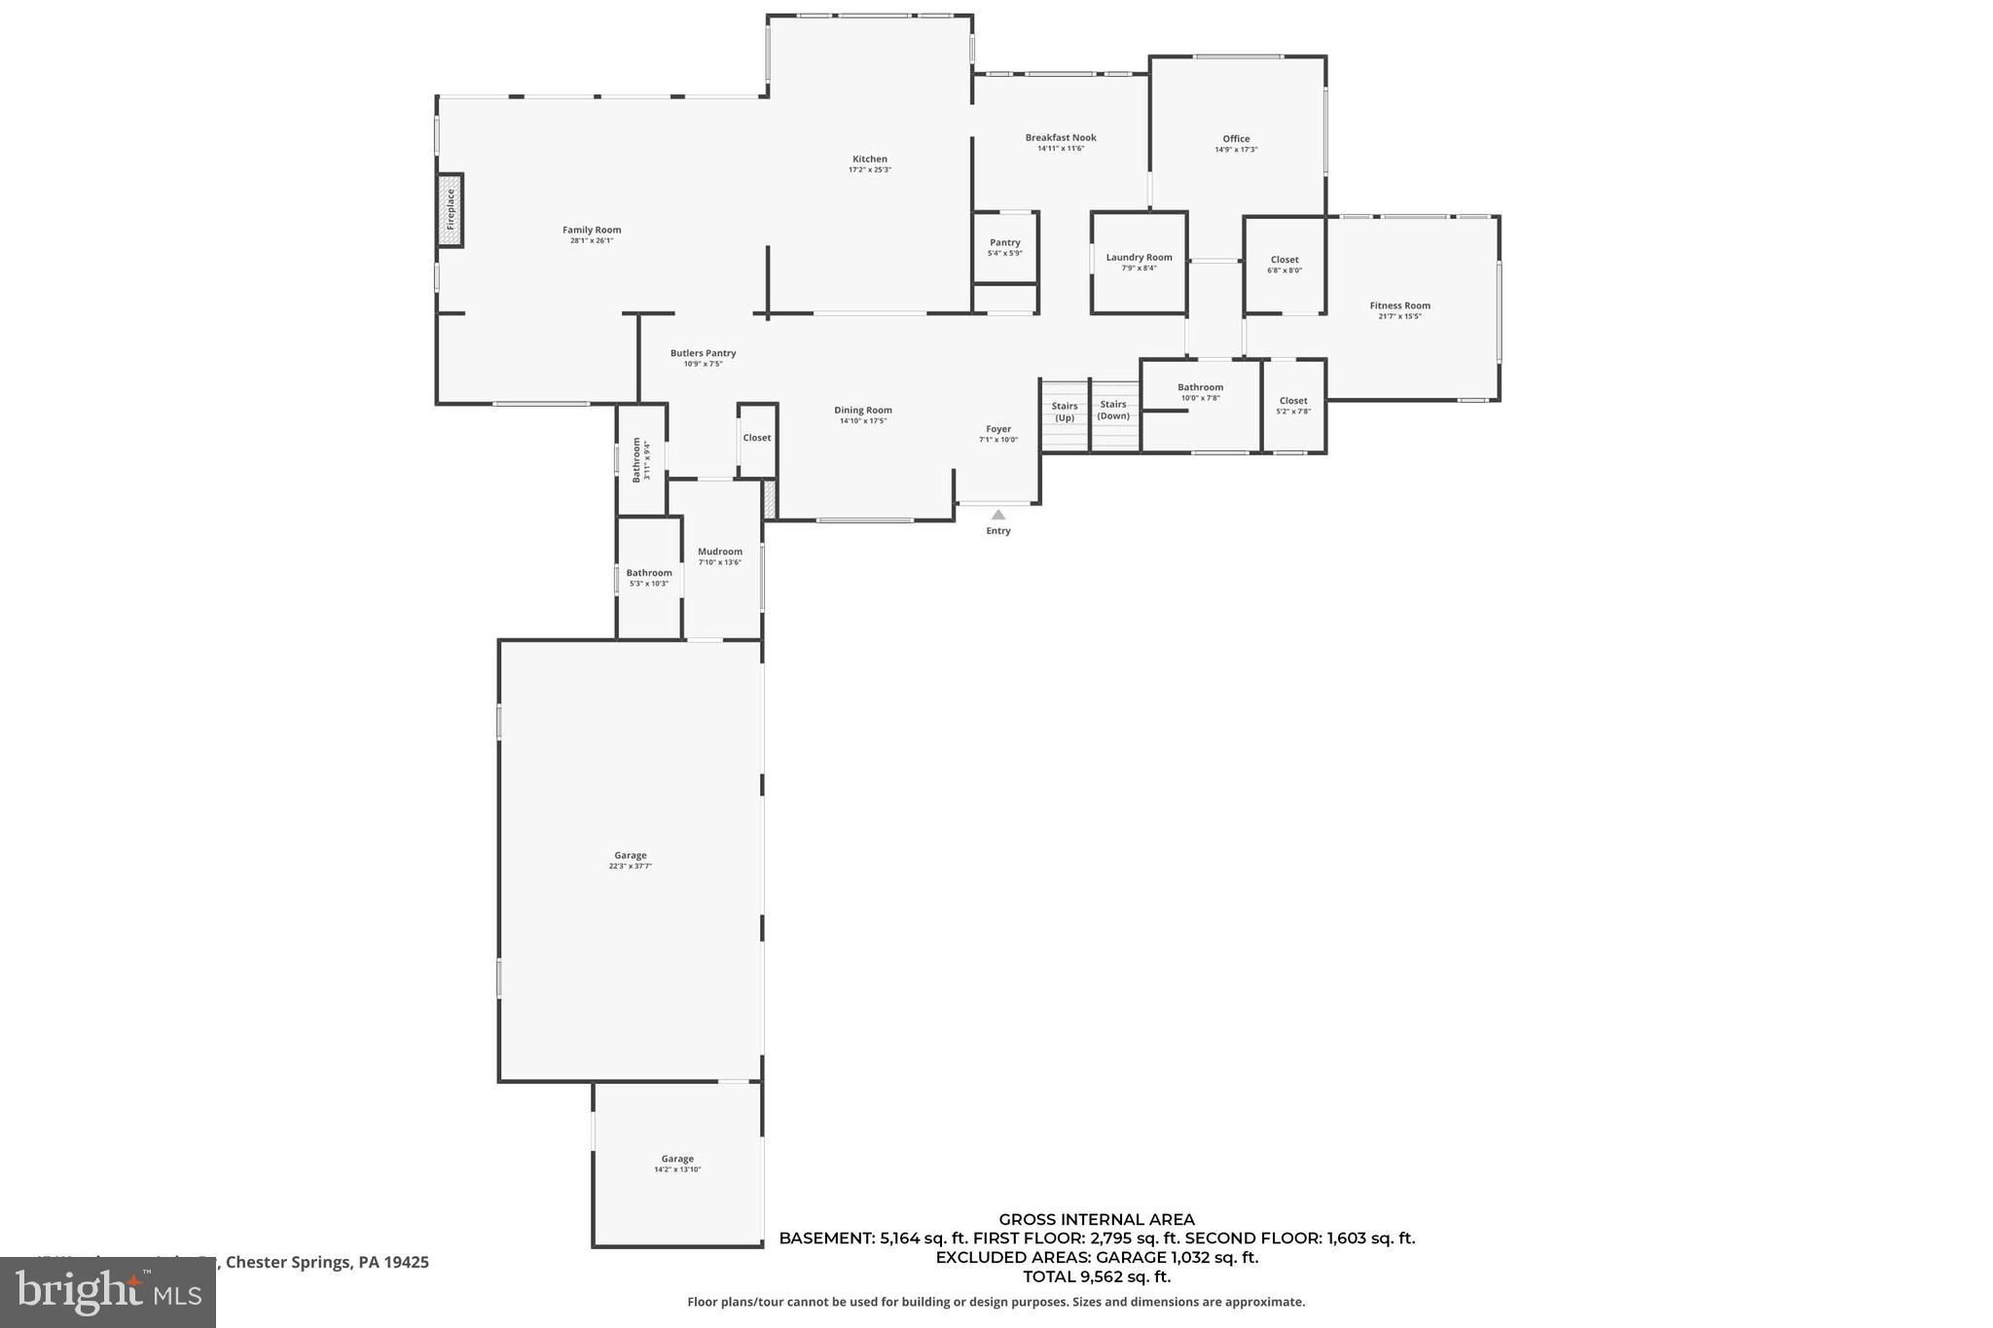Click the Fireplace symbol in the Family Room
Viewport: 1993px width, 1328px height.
pos(450,210)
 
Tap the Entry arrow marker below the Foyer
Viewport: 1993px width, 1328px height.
pos(997,515)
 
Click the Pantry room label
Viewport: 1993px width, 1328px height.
pos(1004,242)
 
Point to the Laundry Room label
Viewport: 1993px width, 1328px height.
pos(1139,257)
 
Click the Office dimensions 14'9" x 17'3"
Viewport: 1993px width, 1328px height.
pos(1236,150)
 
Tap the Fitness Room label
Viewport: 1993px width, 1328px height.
pos(1399,305)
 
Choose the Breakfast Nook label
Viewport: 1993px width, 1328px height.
pos(1061,137)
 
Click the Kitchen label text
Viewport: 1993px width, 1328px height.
pos(869,159)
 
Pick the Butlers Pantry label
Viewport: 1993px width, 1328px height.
pos(703,353)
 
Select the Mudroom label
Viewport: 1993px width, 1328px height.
pos(719,552)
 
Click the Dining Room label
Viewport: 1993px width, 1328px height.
pos(862,410)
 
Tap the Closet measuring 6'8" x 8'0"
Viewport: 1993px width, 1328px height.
pos(1285,264)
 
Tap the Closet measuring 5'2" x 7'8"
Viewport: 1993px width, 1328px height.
pos(1293,405)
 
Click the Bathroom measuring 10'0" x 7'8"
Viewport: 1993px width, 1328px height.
pos(1200,391)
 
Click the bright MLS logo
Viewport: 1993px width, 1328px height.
pos(108,1292)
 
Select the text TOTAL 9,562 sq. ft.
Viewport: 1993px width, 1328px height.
pos(1097,1276)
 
